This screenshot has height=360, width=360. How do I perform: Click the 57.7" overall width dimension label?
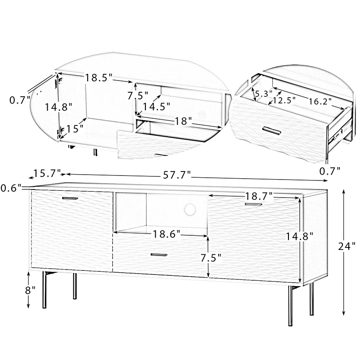click(177, 175)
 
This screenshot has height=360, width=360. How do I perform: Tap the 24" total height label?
click(346, 246)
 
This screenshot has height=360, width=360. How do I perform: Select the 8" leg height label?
click(30, 290)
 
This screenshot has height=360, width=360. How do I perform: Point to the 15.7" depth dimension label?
click(47, 173)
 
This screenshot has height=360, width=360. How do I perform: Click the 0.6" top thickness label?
click(11, 188)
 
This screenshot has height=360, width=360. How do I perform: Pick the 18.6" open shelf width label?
click(166, 234)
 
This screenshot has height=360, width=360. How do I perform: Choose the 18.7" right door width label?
click(259, 196)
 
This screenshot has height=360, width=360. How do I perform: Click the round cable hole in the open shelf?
click(190, 209)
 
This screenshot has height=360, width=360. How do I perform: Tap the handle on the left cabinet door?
click(70, 198)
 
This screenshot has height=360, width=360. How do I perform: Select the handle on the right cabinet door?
click(253, 204)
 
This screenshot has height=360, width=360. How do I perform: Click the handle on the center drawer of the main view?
click(159, 254)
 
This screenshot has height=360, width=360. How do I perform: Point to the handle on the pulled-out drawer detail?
click(272, 130)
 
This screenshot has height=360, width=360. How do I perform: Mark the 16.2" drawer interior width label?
click(320, 101)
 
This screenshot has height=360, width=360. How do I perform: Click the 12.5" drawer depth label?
click(284, 100)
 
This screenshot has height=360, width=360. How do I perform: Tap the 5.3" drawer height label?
click(264, 94)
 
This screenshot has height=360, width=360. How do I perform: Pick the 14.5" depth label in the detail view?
click(156, 106)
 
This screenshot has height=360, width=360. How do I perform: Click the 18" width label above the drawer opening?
click(183, 121)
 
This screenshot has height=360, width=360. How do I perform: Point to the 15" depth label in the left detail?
click(75, 129)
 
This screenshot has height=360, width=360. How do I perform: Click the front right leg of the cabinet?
click(290, 306)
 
